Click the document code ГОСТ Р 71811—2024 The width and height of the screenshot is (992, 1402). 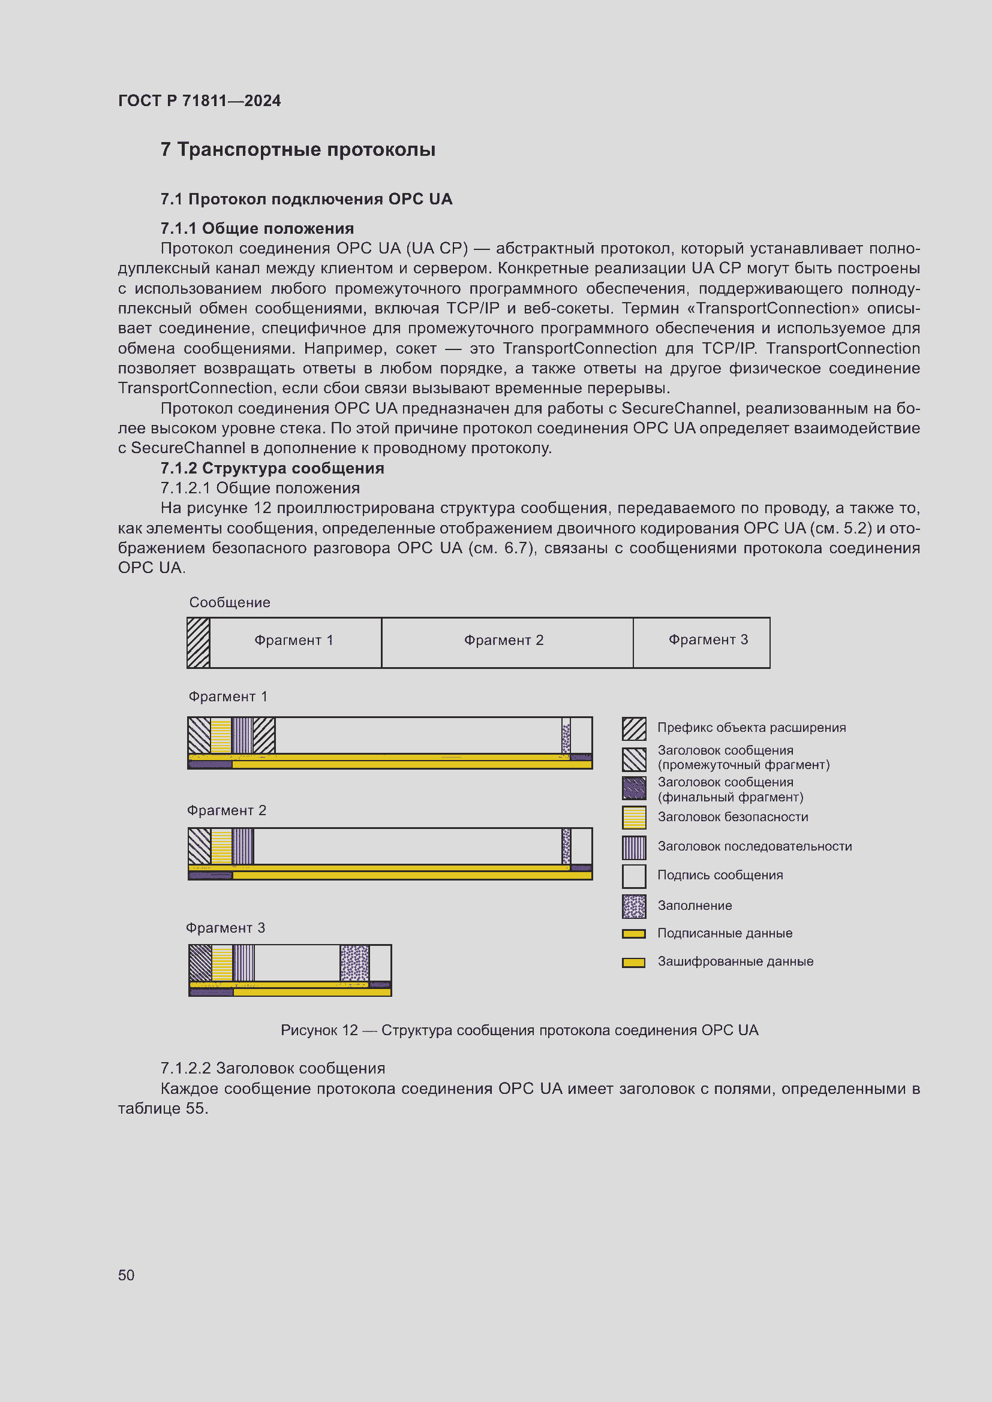pyautogui.click(x=199, y=101)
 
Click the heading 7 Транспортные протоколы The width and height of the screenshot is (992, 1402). pyautogui.click(x=297, y=150)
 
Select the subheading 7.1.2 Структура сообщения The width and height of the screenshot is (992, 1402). pyautogui.click(x=272, y=468)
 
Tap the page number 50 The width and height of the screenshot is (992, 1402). pyautogui.click(x=126, y=1275)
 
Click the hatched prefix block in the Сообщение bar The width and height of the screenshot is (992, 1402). pyautogui.click(x=199, y=643)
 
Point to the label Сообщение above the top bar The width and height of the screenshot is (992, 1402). pyautogui.click(x=229, y=602)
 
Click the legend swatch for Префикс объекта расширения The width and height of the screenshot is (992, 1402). pyautogui.click(x=633, y=728)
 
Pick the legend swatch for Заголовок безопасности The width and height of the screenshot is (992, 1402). pyautogui.click(x=633, y=817)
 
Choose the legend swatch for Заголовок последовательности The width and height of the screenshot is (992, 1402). pyautogui.click(x=633, y=847)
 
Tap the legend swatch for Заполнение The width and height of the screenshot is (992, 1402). pyautogui.click(x=633, y=906)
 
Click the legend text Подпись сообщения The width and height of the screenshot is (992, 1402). pyautogui.click(x=720, y=875)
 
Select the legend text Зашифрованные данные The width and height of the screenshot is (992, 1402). pyautogui.click(x=735, y=961)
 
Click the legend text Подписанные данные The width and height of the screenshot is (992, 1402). pyautogui.click(x=725, y=933)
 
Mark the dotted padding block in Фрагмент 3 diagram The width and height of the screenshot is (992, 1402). pyautogui.click(x=354, y=963)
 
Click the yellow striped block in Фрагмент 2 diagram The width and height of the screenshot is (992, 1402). pyautogui.click(x=221, y=846)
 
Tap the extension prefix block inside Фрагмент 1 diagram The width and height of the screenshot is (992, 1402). pyautogui.click(x=264, y=735)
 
